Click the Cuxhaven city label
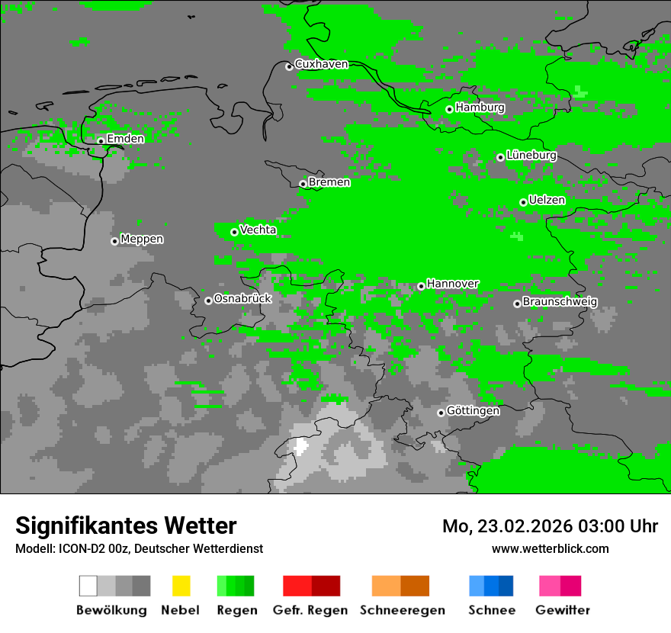pos(321,64)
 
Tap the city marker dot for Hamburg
pos(449,109)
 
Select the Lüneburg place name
pos(531,155)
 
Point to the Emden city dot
pos(101,140)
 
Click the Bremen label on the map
pos(329,182)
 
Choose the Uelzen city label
pos(547,200)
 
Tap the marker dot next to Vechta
pos(234,232)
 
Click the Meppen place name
pos(142,239)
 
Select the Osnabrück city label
pos(242,298)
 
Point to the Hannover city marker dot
pos(421,286)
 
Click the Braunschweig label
pos(560,301)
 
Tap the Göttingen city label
pos(473,410)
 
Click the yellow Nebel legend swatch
pos(181,586)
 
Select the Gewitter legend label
pos(563,610)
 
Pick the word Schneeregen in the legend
pos(403,610)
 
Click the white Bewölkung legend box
pos(88,586)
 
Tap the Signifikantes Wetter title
pos(126,525)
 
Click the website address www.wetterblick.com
pos(551,548)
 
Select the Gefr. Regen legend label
pos(310,610)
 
